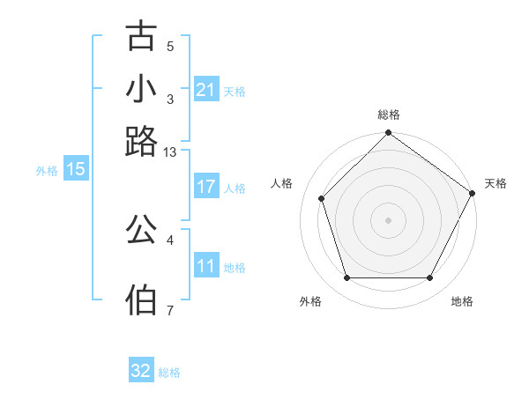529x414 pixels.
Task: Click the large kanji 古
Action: click(142, 36)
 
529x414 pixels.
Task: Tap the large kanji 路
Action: click(142, 140)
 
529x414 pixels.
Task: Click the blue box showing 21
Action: click(205, 90)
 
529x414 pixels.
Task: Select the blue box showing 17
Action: click(205, 187)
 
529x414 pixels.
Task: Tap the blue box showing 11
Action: click(205, 266)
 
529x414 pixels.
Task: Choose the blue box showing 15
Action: click(75, 169)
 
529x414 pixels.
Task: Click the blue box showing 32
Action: click(140, 371)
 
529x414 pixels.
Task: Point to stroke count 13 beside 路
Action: click(170, 152)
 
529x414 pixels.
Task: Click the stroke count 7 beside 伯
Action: click(170, 310)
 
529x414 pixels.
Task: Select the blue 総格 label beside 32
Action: click(169, 373)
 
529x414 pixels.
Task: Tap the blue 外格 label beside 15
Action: click(46, 171)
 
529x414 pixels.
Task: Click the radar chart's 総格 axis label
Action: click(389, 115)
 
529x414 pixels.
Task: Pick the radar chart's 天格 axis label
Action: click(495, 183)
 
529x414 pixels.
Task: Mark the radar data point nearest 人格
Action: click(322, 198)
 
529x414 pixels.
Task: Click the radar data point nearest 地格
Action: click(429, 277)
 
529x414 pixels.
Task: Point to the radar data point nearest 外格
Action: click(346, 277)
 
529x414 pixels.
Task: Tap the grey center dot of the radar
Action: click(388, 220)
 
